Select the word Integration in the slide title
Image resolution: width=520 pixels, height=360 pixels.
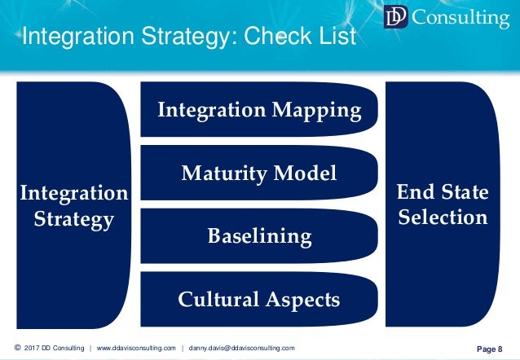point(74,37)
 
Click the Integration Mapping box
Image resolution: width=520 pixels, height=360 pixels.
point(258,109)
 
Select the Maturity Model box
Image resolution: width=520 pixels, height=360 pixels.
point(258,173)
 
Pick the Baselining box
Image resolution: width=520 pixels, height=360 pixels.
point(258,236)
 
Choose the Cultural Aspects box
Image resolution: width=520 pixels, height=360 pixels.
point(258,299)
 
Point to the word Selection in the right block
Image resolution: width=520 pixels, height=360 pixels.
point(442,217)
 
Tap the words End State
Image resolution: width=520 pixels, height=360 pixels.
point(442,192)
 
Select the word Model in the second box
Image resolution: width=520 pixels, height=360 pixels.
point(306,173)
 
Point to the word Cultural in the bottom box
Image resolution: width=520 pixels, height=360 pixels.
point(218,299)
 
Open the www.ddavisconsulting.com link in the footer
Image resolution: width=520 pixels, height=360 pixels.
point(136,348)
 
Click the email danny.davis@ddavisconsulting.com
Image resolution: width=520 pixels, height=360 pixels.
point(241,348)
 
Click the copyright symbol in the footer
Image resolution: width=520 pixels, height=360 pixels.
point(17,348)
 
